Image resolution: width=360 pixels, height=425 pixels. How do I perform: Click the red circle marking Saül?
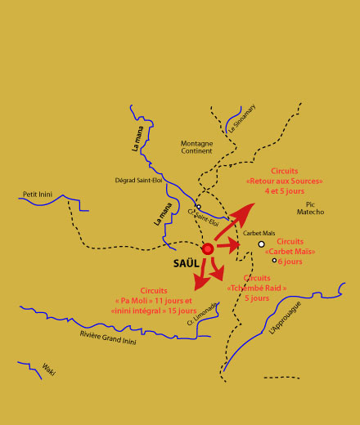click(208, 248)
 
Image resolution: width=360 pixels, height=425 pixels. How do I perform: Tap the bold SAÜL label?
click(187, 264)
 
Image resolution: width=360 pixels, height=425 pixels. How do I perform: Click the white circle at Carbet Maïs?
click(261, 244)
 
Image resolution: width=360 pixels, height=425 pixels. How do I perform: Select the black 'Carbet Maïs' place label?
click(259, 233)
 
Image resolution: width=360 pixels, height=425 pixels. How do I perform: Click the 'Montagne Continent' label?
click(196, 147)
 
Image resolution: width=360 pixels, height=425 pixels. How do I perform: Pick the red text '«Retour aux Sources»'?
click(284, 181)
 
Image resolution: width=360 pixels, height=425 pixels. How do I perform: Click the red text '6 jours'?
click(290, 262)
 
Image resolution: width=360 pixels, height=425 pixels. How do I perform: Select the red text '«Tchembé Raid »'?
click(257, 288)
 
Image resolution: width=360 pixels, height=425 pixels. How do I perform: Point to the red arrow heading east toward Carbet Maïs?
click(232, 244)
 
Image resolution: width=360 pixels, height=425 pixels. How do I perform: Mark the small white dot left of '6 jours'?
click(274, 261)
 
